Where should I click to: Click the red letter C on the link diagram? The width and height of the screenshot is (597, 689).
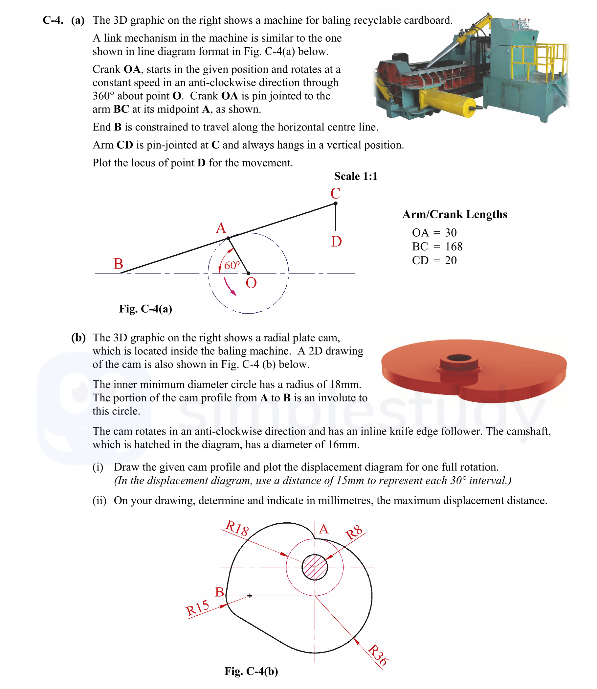click(x=335, y=193)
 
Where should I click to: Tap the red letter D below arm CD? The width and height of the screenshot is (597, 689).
click(x=336, y=242)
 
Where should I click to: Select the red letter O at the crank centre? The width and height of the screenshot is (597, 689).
click(x=251, y=283)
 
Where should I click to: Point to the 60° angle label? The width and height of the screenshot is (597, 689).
click(x=232, y=266)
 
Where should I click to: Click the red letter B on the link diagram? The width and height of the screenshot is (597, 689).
click(x=118, y=264)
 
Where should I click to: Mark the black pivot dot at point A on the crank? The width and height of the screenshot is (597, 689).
click(x=228, y=238)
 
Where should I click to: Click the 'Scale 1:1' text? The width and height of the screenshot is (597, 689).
click(x=356, y=176)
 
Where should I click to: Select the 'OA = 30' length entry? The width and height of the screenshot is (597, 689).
click(x=434, y=232)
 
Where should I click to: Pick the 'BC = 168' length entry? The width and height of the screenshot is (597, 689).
click(x=437, y=247)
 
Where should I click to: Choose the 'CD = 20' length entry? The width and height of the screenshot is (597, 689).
click(x=434, y=260)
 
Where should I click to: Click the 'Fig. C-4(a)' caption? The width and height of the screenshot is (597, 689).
click(x=145, y=308)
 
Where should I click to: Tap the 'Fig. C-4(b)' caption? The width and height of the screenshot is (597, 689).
click(x=251, y=671)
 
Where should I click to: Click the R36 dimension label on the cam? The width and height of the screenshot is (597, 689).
click(x=378, y=655)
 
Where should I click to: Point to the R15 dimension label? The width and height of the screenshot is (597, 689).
click(x=198, y=607)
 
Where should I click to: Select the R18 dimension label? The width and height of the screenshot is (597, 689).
click(x=237, y=528)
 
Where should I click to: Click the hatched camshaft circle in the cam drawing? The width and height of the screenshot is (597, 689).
click(x=315, y=567)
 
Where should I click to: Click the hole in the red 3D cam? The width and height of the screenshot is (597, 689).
click(x=459, y=358)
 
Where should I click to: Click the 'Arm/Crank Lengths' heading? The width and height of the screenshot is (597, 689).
click(x=454, y=214)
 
